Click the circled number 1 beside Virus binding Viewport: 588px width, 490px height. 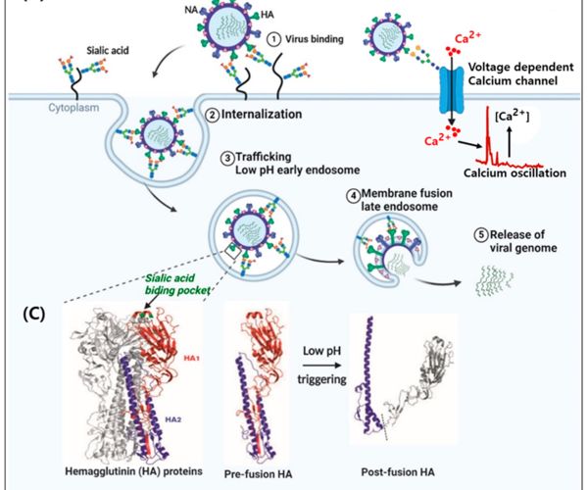[x=274, y=39]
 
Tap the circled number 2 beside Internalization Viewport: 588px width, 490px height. [x=213, y=115]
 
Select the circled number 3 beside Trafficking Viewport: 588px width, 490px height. [x=227, y=158]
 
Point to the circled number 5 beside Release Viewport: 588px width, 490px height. [x=481, y=235]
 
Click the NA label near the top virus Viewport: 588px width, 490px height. [x=191, y=10]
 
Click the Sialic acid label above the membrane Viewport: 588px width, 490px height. [x=108, y=50]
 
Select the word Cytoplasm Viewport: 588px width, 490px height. [x=73, y=108]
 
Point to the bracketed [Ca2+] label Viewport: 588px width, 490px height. [x=513, y=117]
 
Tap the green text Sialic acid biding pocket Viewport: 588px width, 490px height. [x=176, y=284]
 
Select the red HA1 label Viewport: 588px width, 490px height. [x=191, y=359]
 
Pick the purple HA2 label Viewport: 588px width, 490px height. [x=173, y=419]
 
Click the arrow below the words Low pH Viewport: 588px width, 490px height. [x=322, y=366]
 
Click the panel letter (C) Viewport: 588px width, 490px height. [x=34, y=315]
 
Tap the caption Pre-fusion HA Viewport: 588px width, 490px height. [x=258, y=474]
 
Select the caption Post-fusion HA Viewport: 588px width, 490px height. [x=398, y=472]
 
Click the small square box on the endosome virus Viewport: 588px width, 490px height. [x=232, y=251]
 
